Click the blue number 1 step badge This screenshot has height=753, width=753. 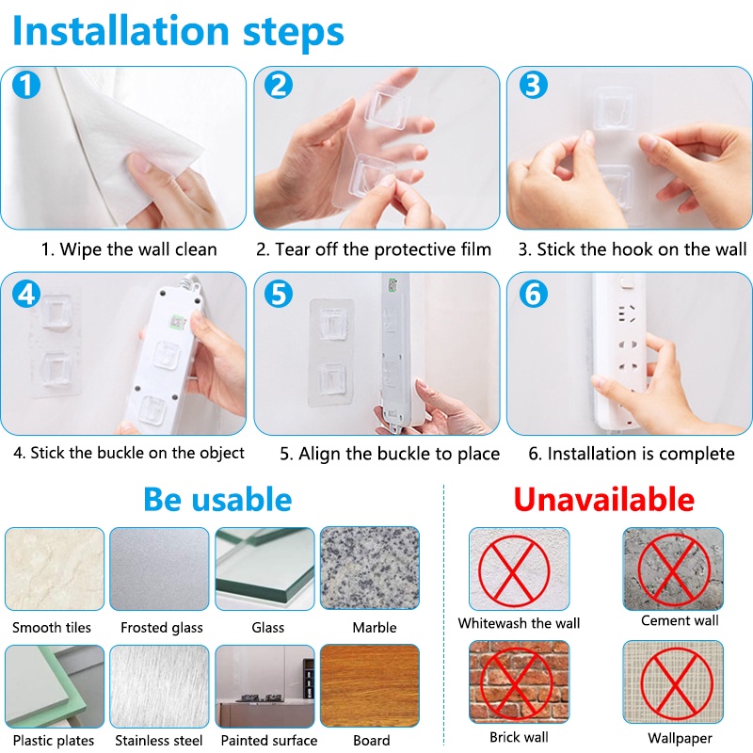26,85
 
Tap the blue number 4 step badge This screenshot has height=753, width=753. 26,294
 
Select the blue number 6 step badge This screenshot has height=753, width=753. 533,294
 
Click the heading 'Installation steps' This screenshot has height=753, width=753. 178,31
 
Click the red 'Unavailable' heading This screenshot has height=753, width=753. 603,500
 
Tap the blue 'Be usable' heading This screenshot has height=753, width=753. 217,500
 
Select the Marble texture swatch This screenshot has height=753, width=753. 370,569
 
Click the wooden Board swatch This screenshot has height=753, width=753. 370,686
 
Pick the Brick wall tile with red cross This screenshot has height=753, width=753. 520,681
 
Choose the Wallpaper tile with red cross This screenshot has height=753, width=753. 673,681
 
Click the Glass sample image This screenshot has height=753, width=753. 264,569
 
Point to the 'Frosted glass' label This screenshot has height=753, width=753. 162,628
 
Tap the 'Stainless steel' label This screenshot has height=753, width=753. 159,741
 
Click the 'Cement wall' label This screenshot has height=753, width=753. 680,620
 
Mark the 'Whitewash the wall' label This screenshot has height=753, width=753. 520,623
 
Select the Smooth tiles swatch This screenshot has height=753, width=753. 55,569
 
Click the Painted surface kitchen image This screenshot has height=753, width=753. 264,686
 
